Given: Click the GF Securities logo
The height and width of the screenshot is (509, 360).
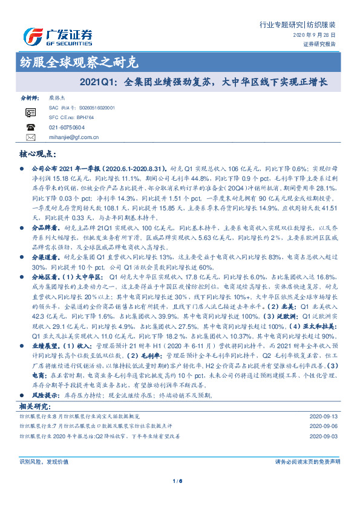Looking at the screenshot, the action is (57, 37).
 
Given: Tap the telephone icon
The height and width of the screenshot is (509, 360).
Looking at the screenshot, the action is (30, 127).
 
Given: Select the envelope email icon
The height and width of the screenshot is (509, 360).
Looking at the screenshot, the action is (30, 137).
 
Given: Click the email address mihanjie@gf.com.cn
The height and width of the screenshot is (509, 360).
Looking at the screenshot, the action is (73, 137).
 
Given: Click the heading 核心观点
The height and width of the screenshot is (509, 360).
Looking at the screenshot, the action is (36, 155).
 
